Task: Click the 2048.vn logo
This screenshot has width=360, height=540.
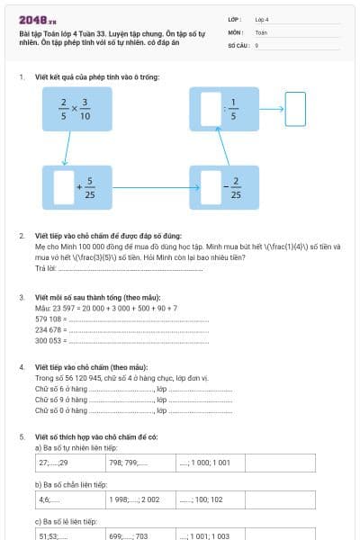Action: pyautogui.click(x=38, y=19)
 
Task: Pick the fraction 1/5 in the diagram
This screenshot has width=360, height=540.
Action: pyautogui.click(x=233, y=109)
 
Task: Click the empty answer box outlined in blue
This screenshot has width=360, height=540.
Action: pyautogui.click(x=295, y=109)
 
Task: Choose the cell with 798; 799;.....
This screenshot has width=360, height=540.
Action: pyautogui.click(x=139, y=463)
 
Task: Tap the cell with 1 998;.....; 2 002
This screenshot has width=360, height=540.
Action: pyautogui.click(x=139, y=498)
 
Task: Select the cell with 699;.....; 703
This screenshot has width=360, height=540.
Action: pyautogui.click(x=139, y=535)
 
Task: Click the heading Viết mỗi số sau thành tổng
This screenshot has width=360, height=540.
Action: pyautogui.click(x=89, y=297)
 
